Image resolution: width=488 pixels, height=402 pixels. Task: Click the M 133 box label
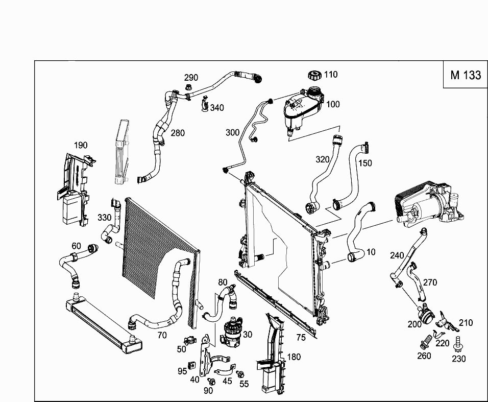click(465, 75)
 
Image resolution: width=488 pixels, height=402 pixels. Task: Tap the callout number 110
click(330, 75)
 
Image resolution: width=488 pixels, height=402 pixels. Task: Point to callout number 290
click(191, 78)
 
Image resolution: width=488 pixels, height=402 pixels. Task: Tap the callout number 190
click(81, 145)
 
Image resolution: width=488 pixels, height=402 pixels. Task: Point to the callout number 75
click(301, 337)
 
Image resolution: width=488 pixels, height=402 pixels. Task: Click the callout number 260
click(424, 356)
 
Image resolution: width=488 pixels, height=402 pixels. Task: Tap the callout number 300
click(232, 133)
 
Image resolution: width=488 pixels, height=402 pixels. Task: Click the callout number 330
click(104, 218)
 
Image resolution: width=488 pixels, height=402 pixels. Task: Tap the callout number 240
click(397, 255)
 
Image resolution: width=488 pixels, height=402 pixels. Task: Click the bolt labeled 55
click(240, 375)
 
